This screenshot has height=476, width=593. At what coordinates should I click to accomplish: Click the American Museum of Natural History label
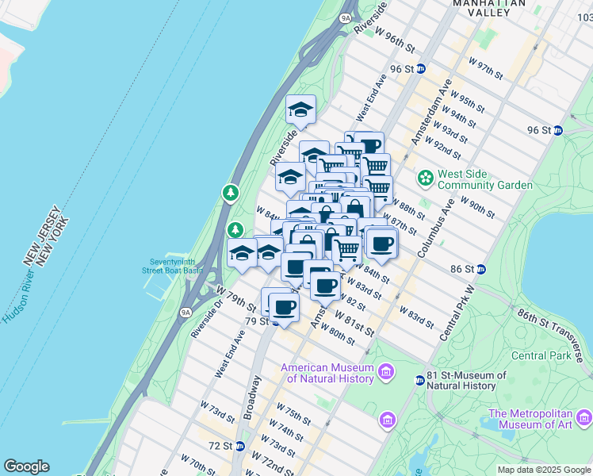coord(327,373)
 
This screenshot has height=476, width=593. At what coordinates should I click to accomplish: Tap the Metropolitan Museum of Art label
coord(540,419)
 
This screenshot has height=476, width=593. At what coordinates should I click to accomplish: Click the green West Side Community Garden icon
coord(426,177)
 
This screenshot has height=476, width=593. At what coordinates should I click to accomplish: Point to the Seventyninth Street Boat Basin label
coord(177,266)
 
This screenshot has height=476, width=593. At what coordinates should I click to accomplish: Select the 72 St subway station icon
coord(239,447)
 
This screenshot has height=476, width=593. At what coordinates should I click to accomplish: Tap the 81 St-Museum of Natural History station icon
coord(419,381)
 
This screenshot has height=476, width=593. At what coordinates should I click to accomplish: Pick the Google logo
coord(26,466)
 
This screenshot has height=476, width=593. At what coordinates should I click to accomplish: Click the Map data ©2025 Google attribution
coord(544,470)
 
